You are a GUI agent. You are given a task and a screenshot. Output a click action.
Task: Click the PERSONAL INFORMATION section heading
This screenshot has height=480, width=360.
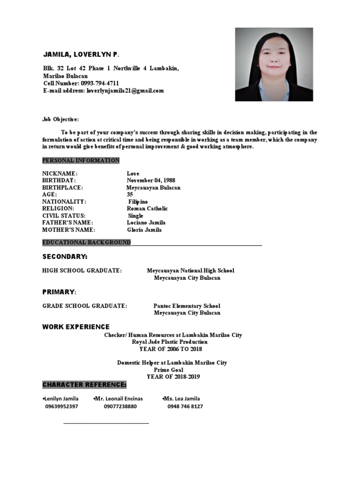point(81,160)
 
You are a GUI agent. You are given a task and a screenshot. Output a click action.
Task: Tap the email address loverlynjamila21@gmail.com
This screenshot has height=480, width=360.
point(125,90)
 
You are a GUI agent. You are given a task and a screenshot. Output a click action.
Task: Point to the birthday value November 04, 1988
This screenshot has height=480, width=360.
point(151,180)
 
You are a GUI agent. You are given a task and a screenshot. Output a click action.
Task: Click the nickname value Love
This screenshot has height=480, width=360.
point(133,173)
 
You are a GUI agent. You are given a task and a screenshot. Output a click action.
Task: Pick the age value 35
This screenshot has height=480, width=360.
point(130,194)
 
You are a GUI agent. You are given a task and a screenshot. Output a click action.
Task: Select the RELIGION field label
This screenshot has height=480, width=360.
point(58,208)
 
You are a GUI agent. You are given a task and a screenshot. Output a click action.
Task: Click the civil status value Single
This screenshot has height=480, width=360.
point(135,216)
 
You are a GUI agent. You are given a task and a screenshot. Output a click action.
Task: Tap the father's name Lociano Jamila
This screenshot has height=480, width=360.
point(146,223)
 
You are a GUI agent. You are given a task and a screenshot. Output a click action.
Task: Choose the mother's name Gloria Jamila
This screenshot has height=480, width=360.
point(144,230)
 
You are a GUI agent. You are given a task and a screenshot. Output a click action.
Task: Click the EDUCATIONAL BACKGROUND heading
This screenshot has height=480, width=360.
point(86,242)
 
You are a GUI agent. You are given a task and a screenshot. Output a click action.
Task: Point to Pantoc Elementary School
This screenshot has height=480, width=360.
point(187,306)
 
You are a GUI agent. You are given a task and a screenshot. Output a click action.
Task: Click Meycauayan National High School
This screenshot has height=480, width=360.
point(190,270)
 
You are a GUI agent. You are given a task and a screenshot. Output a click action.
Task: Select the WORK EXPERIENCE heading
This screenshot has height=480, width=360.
point(76,327)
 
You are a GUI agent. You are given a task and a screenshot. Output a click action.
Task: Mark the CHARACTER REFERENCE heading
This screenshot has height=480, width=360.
point(84,385)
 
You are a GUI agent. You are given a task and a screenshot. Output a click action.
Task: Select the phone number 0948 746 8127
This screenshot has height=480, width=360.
point(185,406)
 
